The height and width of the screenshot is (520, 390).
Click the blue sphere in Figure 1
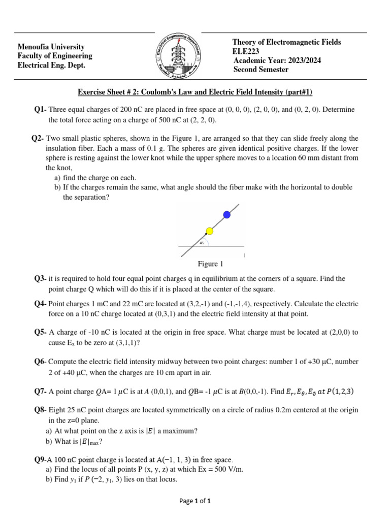tap(227, 215)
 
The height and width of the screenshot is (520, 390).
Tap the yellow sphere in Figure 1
tap(209, 232)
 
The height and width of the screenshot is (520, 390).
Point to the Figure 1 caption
tap(210, 264)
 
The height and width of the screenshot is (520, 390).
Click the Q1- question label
tap(41, 110)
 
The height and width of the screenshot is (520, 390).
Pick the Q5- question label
tap(41, 332)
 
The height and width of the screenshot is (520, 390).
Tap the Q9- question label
tap(40, 460)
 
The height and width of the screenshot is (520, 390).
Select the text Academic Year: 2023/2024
tap(277, 60)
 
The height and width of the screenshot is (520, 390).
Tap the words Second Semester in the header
tap(261, 70)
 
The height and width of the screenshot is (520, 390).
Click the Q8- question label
tap(40, 410)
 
